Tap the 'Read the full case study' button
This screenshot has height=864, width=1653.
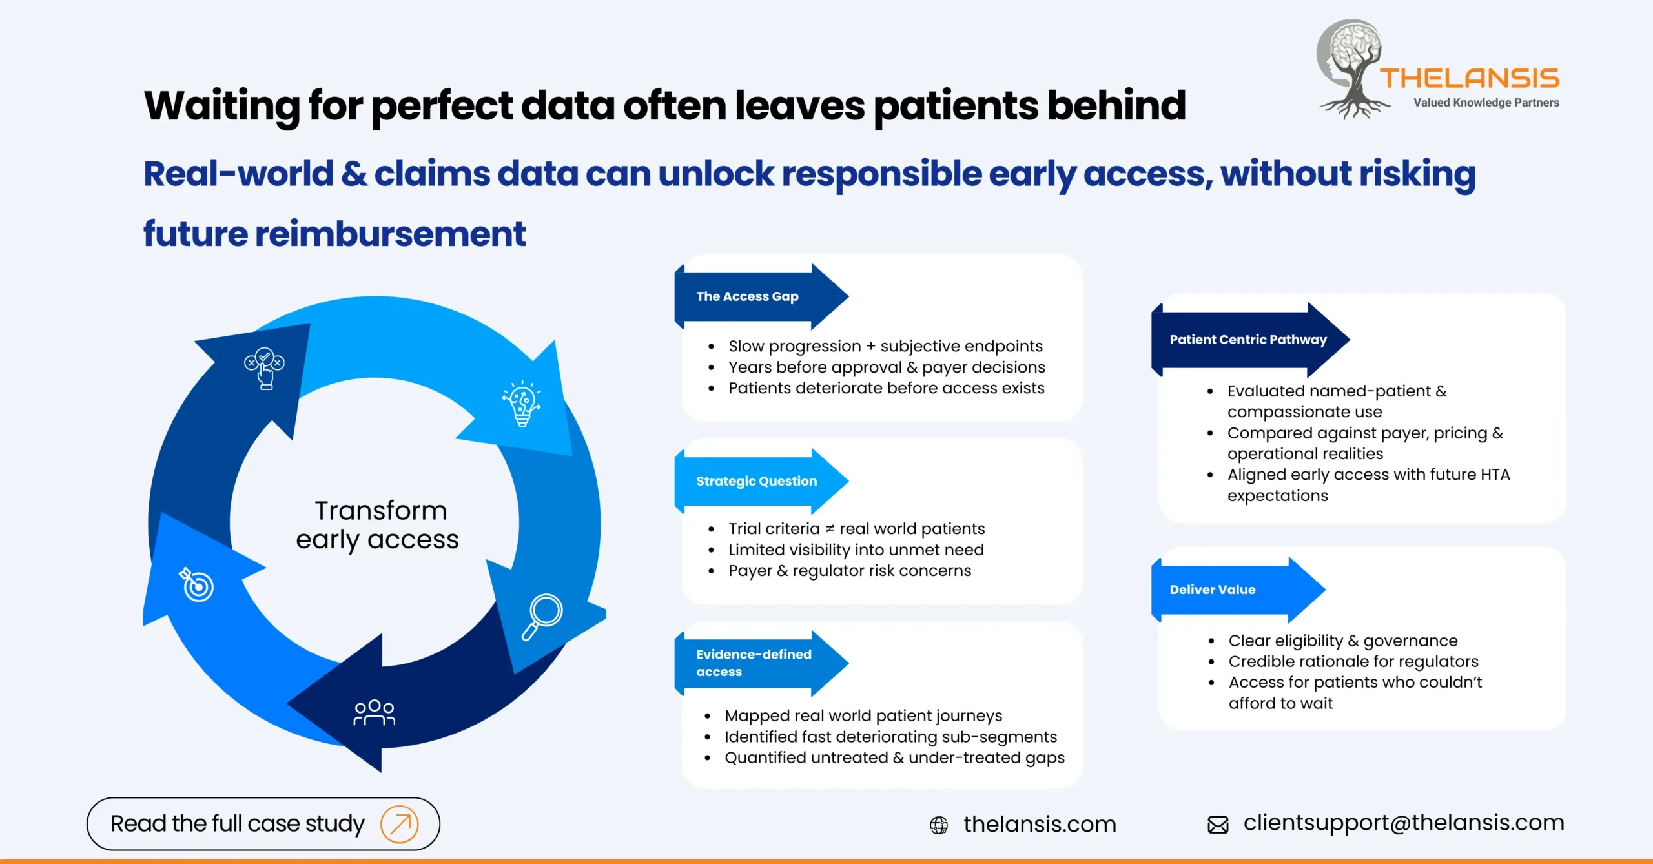[x=263, y=824]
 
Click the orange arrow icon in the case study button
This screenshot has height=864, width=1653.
[x=399, y=825]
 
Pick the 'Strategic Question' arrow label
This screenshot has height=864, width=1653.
[x=757, y=481]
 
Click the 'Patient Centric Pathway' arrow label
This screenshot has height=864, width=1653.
[x=1247, y=340]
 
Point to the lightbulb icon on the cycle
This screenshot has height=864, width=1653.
[x=522, y=404]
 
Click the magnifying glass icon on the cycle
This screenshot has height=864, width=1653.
[x=542, y=616]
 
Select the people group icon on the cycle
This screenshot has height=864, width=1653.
[x=375, y=712]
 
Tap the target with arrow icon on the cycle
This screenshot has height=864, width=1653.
[x=196, y=584]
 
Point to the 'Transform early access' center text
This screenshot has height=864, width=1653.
[x=378, y=525]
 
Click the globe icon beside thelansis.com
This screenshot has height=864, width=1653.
[x=939, y=825]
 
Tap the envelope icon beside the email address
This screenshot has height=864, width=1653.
[x=1218, y=825]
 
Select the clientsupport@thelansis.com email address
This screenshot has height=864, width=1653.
[x=1404, y=823]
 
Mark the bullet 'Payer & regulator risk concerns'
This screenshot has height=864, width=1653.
[x=849, y=571]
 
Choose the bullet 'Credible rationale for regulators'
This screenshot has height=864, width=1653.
[x=1353, y=661]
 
